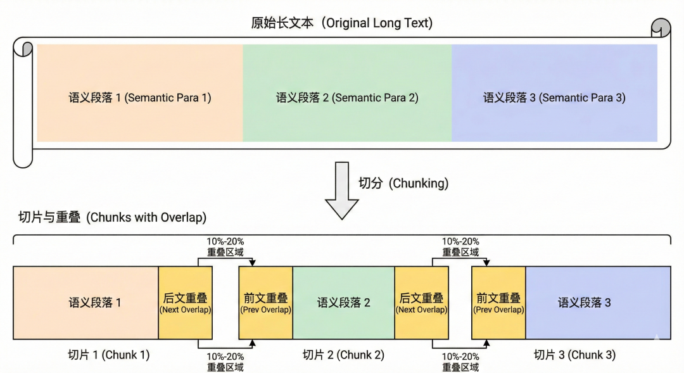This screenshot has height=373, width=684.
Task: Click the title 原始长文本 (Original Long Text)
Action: click(x=341, y=23)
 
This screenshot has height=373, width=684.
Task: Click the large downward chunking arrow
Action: click(x=342, y=191)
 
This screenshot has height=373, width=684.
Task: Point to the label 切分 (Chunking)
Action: click(x=403, y=184)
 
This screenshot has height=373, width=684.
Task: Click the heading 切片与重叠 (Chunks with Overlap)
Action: click(x=113, y=217)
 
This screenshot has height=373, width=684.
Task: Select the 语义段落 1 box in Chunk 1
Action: click(x=85, y=303)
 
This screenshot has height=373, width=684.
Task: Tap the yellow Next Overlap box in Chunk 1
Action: click(x=185, y=303)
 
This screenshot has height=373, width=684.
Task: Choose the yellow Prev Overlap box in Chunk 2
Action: click(x=265, y=303)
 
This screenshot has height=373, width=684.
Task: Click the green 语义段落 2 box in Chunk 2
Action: click(x=343, y=303)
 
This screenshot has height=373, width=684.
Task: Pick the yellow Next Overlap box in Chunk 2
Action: click(x=421, y=303)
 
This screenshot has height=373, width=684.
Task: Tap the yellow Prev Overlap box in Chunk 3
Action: click(x=498, y=303)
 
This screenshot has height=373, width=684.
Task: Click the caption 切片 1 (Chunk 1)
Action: click(x=109, y=355)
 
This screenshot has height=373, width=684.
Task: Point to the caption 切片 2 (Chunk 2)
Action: click(x=343, y=355)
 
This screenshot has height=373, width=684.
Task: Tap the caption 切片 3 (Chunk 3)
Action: click(x=574, y=355)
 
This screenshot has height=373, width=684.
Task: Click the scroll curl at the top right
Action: click(x=661, y=28)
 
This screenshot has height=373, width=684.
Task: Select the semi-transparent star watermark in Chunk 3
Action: click(x=658, y=337)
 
